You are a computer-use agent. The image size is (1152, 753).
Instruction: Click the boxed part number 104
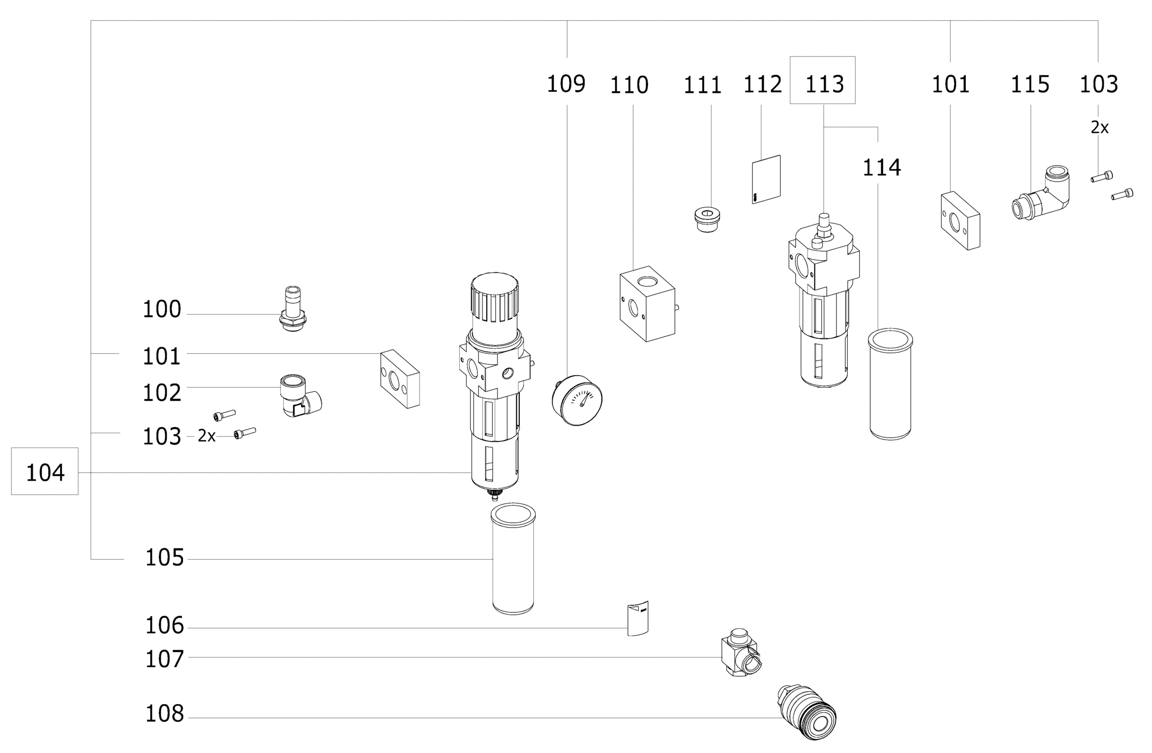pos(45,472)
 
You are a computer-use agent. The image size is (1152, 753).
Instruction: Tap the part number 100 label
pos(162,310)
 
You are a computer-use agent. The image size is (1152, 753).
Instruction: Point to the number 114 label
pos(882,167)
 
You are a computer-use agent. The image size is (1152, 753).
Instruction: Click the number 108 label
pos(164,714)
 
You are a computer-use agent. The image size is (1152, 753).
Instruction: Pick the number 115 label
pos(1030,84)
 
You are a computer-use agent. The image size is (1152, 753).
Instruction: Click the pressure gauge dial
pos(578,400)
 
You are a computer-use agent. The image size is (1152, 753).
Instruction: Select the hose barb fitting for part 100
pos(293,310)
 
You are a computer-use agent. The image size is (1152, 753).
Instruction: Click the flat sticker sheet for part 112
pos(766,179)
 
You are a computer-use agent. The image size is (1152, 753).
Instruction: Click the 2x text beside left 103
pos(207,436)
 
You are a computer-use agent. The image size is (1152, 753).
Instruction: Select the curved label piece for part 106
pos(637,618)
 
